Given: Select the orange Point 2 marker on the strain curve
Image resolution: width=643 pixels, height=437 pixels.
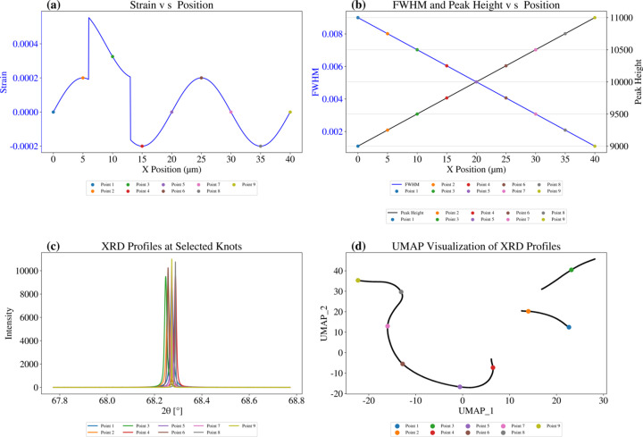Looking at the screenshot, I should pyautogui.click(x=83, y=78).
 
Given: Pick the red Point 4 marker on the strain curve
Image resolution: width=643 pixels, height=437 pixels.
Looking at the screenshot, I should pyautogui.click(x=142, y=146).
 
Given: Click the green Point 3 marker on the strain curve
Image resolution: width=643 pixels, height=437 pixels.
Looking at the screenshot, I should pyautogui.click(x=113, y=56).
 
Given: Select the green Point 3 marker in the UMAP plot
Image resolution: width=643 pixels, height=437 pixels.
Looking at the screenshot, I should pyautogui.click(x=572, y=270).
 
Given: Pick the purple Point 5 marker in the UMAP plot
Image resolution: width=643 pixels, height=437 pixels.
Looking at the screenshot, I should pyautogui.click(x=460, y=387).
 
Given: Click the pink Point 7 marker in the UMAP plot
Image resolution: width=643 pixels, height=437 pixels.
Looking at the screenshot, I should pyautogui.click(x=388, y=326).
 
